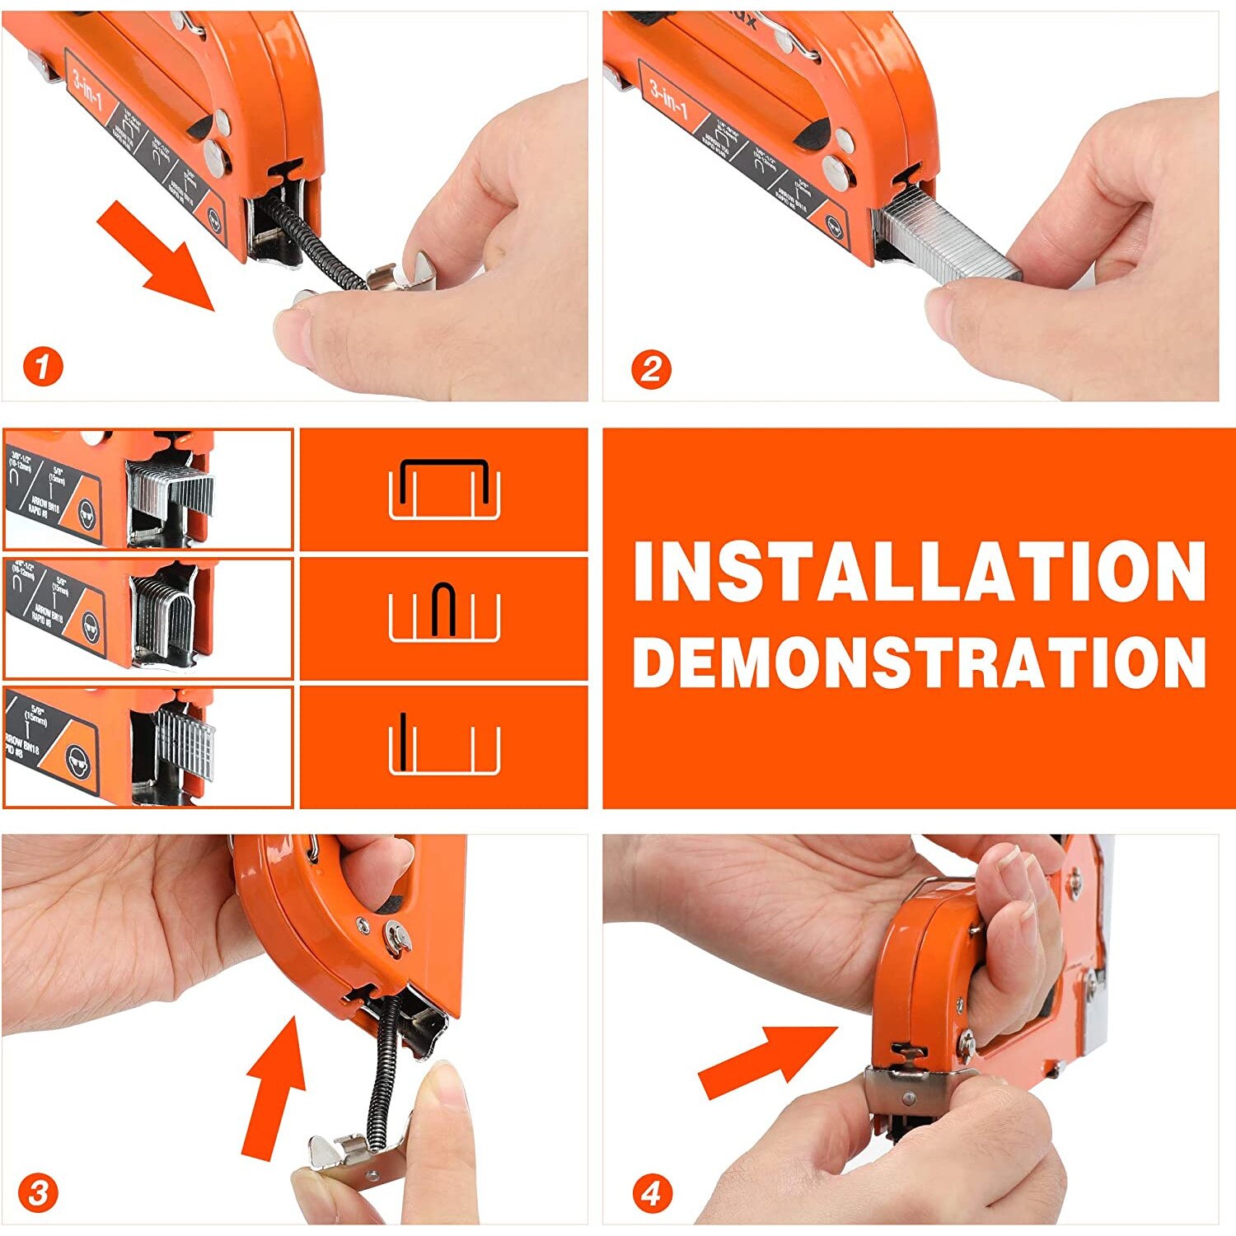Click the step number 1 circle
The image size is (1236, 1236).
click(43, 368)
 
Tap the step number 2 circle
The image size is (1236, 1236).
click(651, 369)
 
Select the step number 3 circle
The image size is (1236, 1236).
click(39, 1193)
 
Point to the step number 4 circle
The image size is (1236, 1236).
click(652, 1193)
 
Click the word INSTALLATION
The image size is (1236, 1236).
click(920, 573)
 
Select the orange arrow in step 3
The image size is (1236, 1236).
click(273, 1088)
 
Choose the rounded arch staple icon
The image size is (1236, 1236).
click(444, 610)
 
